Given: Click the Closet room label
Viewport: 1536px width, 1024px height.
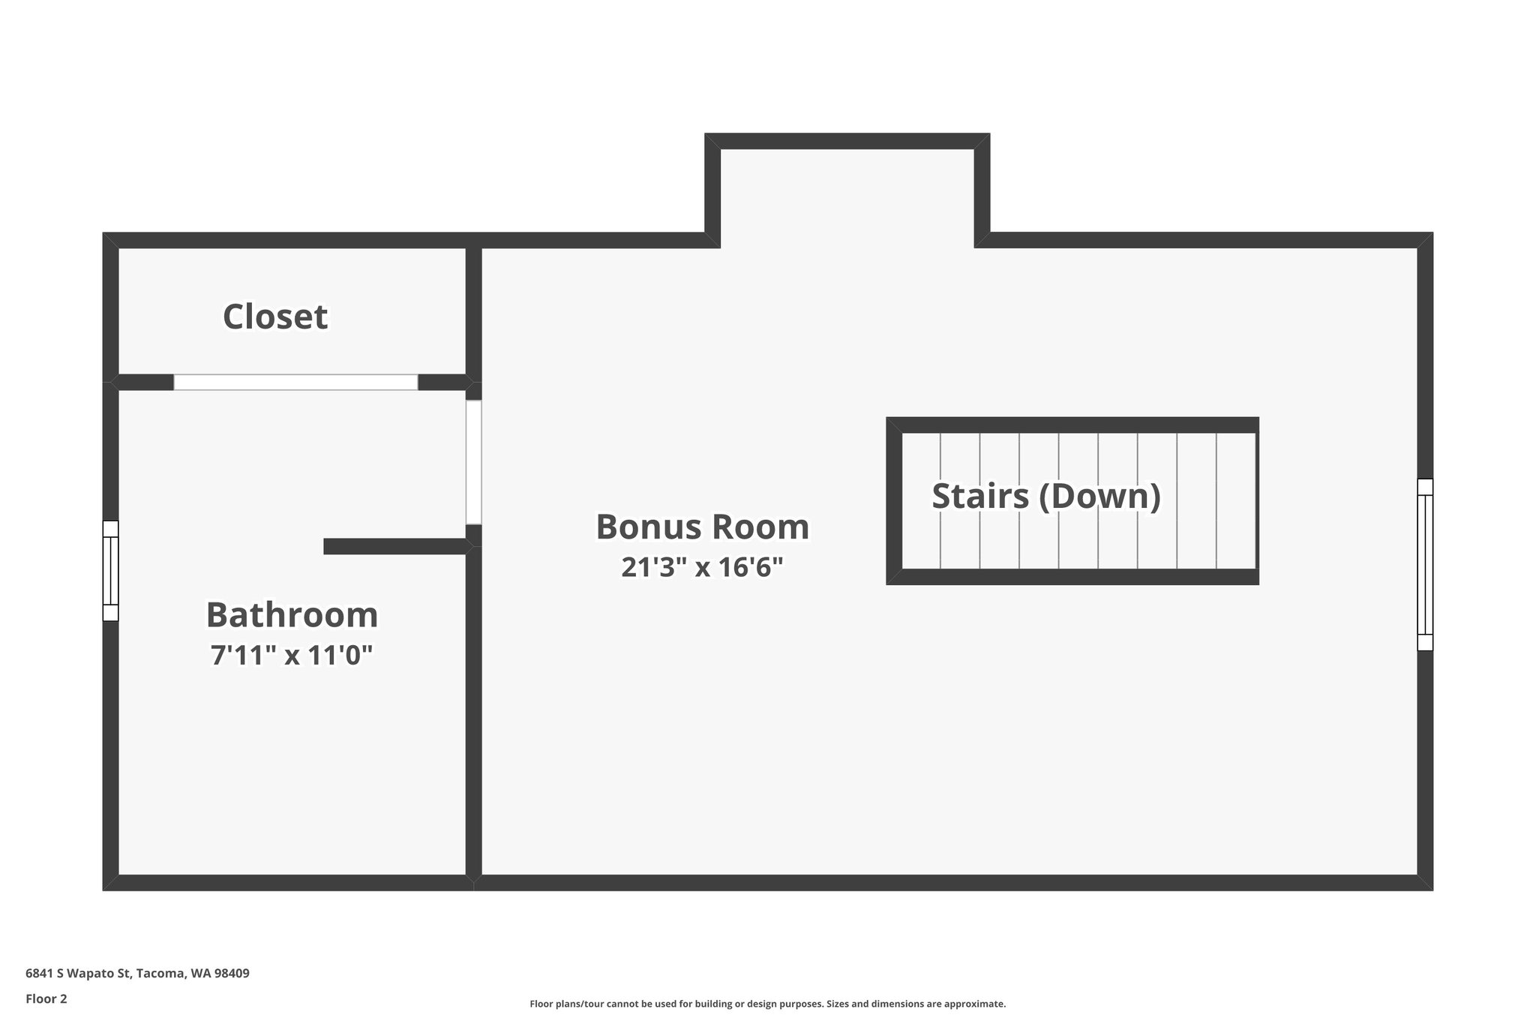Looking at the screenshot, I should (275, 317).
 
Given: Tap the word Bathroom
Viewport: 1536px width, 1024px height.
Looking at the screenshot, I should (292, 615).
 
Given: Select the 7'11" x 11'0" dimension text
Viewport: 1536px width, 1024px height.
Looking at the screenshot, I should (292, 656).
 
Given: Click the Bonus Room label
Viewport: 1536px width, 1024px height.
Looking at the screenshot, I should (702, 527).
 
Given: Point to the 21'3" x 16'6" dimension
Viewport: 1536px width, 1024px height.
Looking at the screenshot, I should (702, 567).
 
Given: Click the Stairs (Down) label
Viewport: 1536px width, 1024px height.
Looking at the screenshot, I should (1045, 496).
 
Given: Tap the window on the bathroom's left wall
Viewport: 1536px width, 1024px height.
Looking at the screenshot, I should (110, 571).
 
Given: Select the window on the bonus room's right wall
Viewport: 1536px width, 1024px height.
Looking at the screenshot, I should (1424, 564).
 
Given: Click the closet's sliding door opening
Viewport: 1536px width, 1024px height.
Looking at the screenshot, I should (295, 382).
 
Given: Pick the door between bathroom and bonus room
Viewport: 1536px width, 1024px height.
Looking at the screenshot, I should (473, 462).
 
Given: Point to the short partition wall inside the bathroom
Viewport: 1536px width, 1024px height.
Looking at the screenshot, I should (394, 546).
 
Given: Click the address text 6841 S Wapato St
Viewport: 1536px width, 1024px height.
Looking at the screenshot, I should (79, 973).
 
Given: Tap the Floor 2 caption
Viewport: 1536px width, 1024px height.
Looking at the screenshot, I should (46, 998).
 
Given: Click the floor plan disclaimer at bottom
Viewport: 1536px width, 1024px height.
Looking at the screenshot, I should (767, 1004).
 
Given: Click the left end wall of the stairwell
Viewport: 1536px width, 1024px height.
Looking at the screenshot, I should (894, 501).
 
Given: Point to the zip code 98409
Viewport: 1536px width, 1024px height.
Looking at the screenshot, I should (232, 973).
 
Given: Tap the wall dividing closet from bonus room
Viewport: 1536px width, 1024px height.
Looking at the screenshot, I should (473, 311).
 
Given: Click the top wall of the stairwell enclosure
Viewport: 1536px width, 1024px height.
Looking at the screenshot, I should (1072, 425).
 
